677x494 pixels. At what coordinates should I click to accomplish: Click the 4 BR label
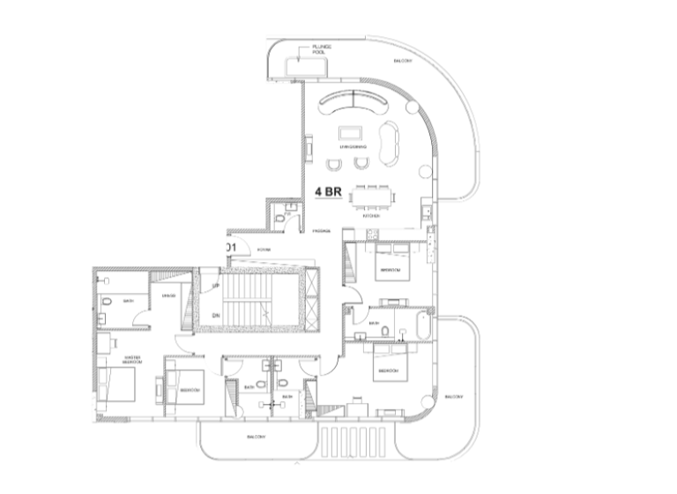(x=329, y=191)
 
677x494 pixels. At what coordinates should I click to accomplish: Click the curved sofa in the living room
(x=356, y=106)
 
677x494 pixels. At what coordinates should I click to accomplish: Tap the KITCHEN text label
(x=370, y=215)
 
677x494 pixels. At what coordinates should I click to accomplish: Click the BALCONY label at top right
(x=404, y=60)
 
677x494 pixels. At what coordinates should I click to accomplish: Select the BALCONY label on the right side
(x=455, y=396)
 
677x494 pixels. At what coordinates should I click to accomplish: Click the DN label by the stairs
(x=215, y=314)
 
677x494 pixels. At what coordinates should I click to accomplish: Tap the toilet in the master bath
(x=105, y=302)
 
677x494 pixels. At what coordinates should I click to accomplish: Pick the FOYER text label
(x=263, y=251)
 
